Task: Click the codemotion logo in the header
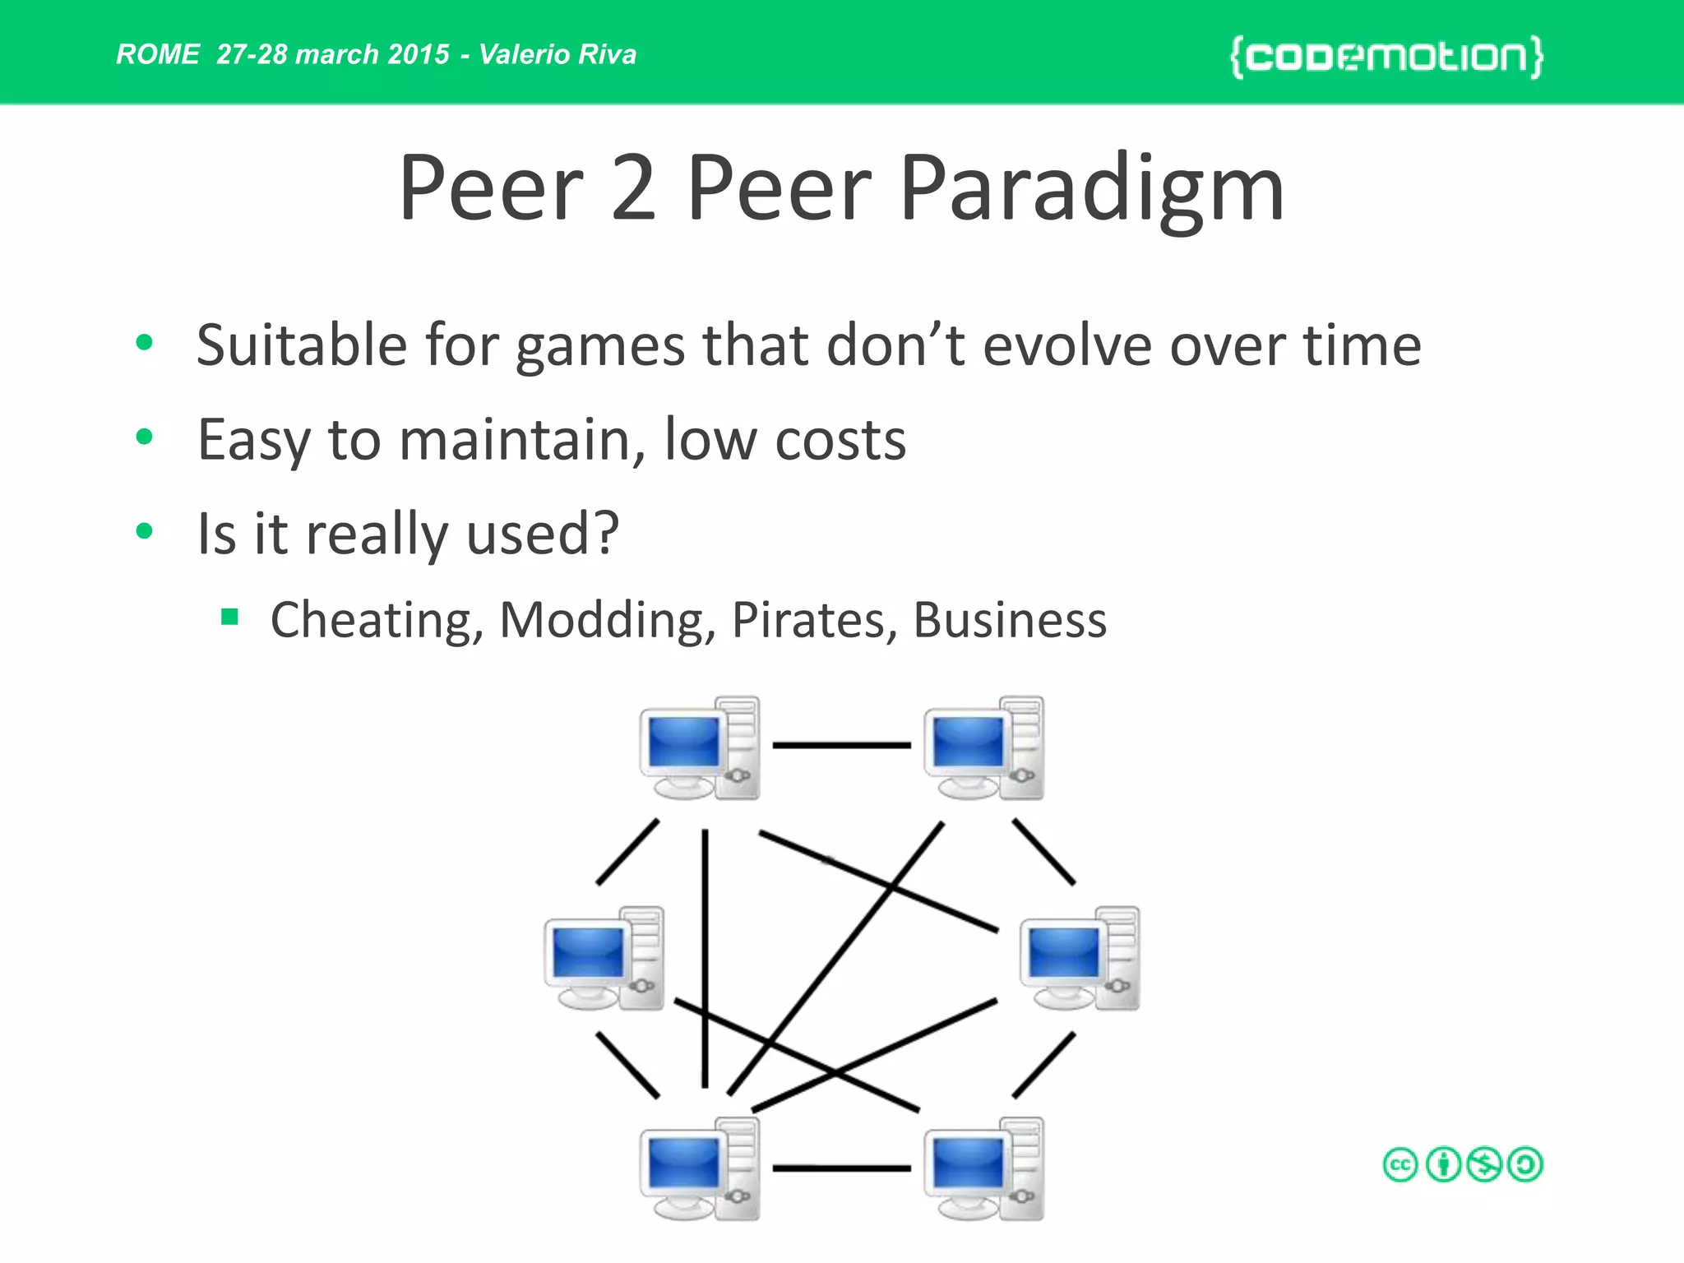click(1386, 57)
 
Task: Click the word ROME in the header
click(157, 54)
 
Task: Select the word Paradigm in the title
click(1091, 190)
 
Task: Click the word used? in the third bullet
click(542, 534)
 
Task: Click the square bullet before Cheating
click(229, 617)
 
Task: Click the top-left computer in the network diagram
click(700, 747)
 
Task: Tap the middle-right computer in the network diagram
click(1080, 958)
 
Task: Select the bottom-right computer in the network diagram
click(983, 1168)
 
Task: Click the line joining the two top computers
click(841, 745)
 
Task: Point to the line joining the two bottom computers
click(841, 1168)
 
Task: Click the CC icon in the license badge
click(1400, 1165)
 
